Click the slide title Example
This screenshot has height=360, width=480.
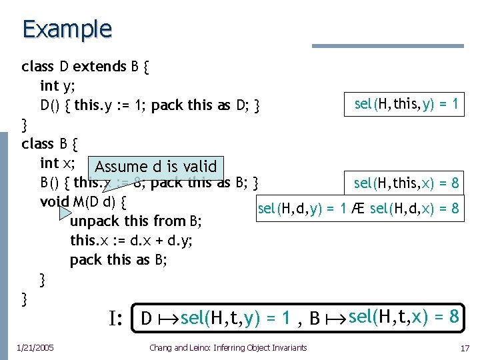67,30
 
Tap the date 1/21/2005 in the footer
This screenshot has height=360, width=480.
37,347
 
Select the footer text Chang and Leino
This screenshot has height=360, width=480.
228,347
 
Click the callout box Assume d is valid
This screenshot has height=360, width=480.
156,167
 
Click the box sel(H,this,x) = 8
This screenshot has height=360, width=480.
406,183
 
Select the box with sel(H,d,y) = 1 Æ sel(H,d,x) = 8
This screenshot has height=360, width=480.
358,209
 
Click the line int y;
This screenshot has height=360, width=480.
59,85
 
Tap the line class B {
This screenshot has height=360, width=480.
50,143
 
